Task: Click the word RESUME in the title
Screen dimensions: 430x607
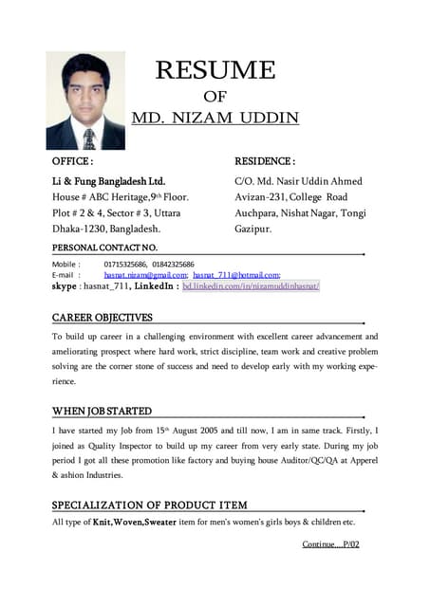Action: [215, 70]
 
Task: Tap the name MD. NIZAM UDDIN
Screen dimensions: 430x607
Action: [215, 119]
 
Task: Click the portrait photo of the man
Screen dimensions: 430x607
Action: [85, 101]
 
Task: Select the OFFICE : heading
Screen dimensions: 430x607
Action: [72, 162]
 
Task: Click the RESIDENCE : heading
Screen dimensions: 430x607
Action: [265, 162]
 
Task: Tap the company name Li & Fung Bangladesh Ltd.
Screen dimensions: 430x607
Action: [108, 180]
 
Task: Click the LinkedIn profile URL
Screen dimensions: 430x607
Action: [251, 285]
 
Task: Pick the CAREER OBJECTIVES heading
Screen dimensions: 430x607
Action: [102, 317]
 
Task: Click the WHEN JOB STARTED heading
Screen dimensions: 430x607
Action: [102, 411]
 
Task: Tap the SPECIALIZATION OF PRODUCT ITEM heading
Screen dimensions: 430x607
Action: [149, 505]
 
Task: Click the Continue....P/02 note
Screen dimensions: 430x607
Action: [330, 544]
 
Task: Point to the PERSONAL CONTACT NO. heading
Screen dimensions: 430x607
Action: [104, 247]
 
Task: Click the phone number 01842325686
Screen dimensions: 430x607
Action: [172, 265]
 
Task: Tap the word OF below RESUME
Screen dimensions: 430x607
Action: [215, 96]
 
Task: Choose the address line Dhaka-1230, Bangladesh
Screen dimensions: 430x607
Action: [105, 229]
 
